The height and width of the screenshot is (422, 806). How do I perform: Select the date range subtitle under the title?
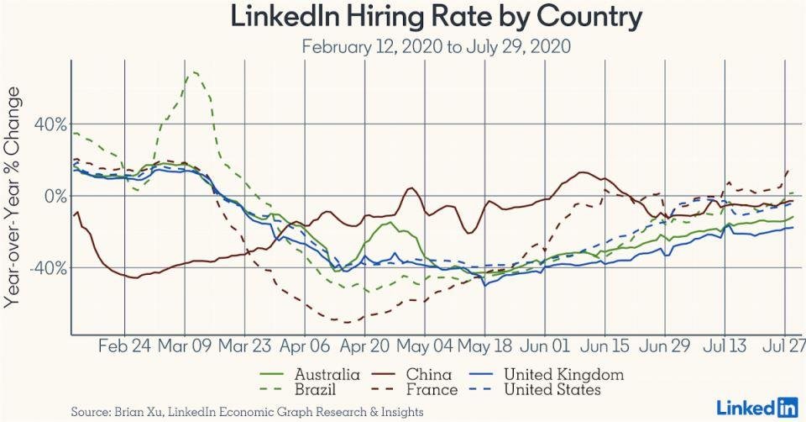436,46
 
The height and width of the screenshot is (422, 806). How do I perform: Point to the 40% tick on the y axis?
50,124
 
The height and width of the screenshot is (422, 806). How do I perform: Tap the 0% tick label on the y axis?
55,196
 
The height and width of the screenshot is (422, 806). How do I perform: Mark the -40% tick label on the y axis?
48,268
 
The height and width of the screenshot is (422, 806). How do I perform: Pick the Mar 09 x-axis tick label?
184,346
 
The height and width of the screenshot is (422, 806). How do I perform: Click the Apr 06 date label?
304,346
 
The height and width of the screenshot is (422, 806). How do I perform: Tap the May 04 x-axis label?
424,346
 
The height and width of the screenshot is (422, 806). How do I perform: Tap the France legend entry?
432,390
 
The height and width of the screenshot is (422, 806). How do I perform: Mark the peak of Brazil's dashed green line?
194,72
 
